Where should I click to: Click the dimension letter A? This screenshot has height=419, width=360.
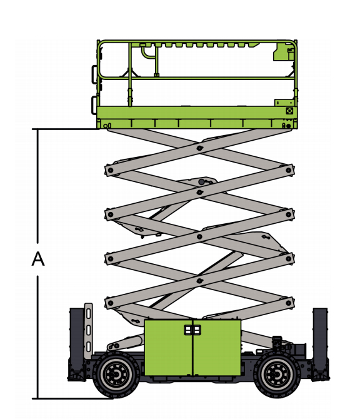38,259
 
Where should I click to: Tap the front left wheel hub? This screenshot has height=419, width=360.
117,375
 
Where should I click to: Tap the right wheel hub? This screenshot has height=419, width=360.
277,375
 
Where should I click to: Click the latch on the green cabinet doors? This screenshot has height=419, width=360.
192,330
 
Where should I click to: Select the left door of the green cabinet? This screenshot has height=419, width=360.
168,347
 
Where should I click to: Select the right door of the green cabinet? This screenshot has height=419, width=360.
217,347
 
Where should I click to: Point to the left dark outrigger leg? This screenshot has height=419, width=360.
77,343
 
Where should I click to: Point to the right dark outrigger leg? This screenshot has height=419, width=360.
320,343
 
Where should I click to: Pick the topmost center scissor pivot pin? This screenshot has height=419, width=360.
199,148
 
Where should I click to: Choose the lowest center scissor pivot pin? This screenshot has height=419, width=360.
199,281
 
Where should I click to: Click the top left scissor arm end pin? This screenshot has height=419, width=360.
110,170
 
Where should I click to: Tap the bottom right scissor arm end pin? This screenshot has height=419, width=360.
288,303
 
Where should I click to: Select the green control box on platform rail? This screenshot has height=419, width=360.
284,51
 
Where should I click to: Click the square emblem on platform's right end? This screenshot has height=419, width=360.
289,111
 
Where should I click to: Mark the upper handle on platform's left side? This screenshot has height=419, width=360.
94,74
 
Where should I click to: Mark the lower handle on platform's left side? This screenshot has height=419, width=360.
94,105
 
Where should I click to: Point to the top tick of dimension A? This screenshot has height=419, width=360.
66,129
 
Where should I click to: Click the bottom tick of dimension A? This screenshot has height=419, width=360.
72,398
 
